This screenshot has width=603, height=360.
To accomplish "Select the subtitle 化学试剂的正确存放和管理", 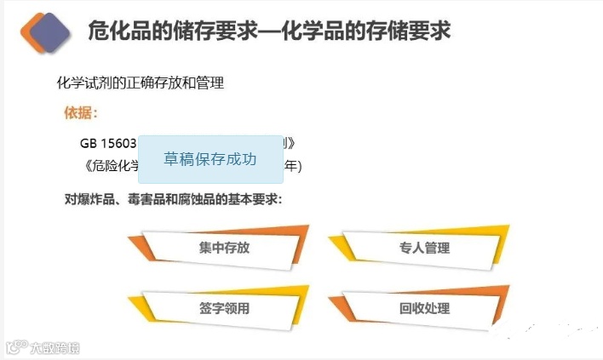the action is coord(140,83).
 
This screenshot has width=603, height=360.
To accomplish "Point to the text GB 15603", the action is coord(108,142).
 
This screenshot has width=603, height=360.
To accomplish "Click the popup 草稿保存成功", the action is coord(210,159).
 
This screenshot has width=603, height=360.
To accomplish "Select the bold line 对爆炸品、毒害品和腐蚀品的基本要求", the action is coord(173,200).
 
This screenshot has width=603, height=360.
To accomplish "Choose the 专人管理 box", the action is coord(423,248).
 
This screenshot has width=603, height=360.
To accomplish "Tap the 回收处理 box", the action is coord(423,308).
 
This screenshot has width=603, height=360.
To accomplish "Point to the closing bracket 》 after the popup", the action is coord(291,142).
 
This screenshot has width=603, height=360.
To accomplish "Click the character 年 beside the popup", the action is coord(291,165).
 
